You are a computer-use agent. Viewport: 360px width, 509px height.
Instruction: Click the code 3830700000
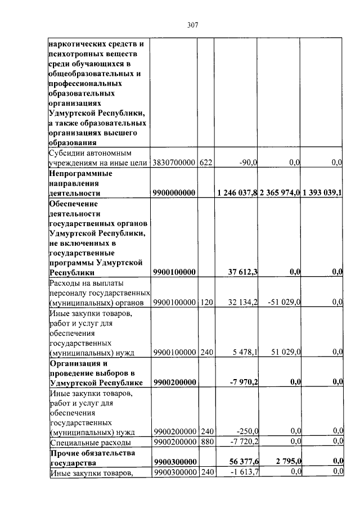(x=174, y=163)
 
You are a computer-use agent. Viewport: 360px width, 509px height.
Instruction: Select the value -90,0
(x=246, y=163)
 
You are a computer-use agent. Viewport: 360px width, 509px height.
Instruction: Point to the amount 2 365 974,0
(x=280, y=193)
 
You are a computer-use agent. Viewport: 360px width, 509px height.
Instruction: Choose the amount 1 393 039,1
(x=322, y=193)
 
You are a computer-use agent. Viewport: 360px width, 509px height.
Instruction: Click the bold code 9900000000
(x=174, y=193)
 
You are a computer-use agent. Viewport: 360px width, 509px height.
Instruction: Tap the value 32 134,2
(x=243, y=303)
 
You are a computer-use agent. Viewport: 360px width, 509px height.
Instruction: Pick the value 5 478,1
(x=245, y=352)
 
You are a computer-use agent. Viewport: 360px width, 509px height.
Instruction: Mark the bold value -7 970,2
(x=244, y=382)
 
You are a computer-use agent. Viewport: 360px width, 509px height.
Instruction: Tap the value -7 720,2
(x=244, y=442)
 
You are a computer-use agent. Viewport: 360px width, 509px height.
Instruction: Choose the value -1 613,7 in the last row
(x=244, y=472)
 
